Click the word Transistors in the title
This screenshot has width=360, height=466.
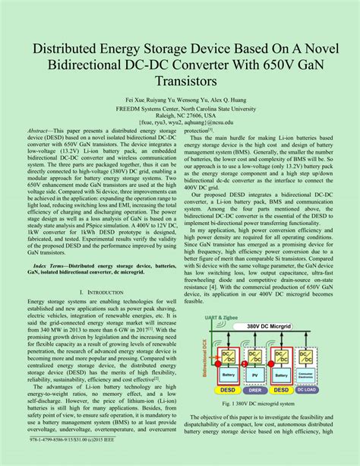180,79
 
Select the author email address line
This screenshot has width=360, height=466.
180,122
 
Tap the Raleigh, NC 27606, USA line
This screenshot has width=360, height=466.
180,115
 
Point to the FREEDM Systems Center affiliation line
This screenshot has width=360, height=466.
180,108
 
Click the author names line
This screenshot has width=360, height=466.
180,100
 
